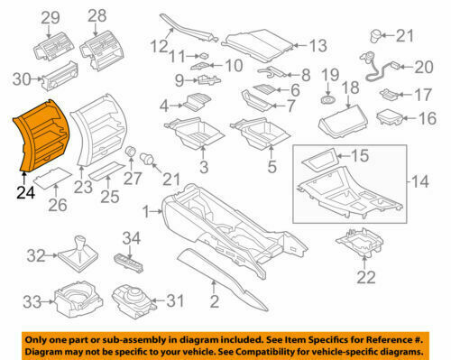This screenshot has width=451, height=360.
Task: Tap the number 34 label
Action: (132, 237)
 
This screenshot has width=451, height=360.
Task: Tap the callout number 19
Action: (329, 75)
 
